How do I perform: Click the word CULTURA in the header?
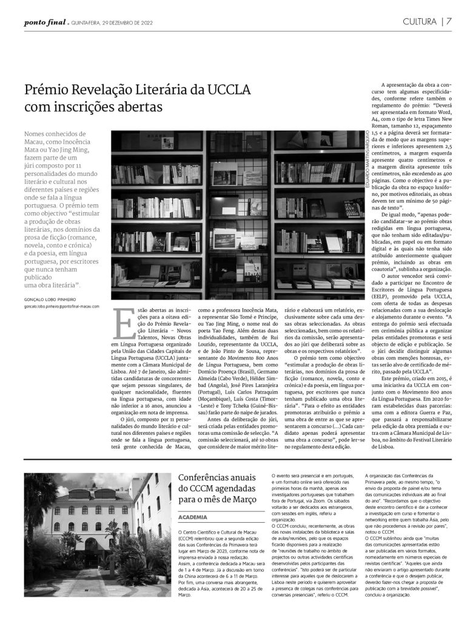coord(419,22)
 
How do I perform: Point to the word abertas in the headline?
coord(139,108)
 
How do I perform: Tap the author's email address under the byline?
coord(61,307)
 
